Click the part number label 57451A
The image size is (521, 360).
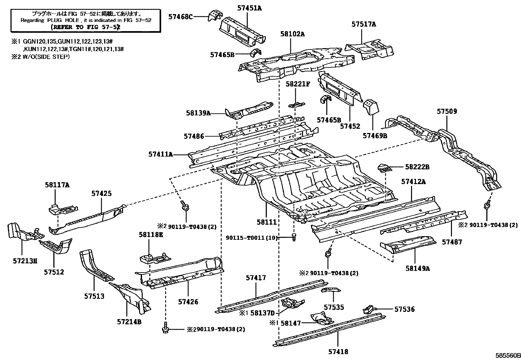[x=249, y=8]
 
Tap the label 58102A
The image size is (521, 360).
[x=292, y=34]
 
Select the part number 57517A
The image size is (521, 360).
[x=364, y=24]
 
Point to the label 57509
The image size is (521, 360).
[x=447, y=111]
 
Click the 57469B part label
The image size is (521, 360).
[x=375, y=135]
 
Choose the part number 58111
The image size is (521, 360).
[x=267, y=222]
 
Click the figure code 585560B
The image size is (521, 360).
[x=507, y=355]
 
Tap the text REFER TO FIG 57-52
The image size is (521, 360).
[x=85, y=27]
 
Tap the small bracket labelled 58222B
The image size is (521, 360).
[x=385, y=168]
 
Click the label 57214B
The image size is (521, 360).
[x=129, y=322]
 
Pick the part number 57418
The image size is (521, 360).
[x=338, y=352]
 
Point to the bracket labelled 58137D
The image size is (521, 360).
[x=293, y=304]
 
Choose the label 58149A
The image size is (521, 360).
[x=417, y=268]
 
